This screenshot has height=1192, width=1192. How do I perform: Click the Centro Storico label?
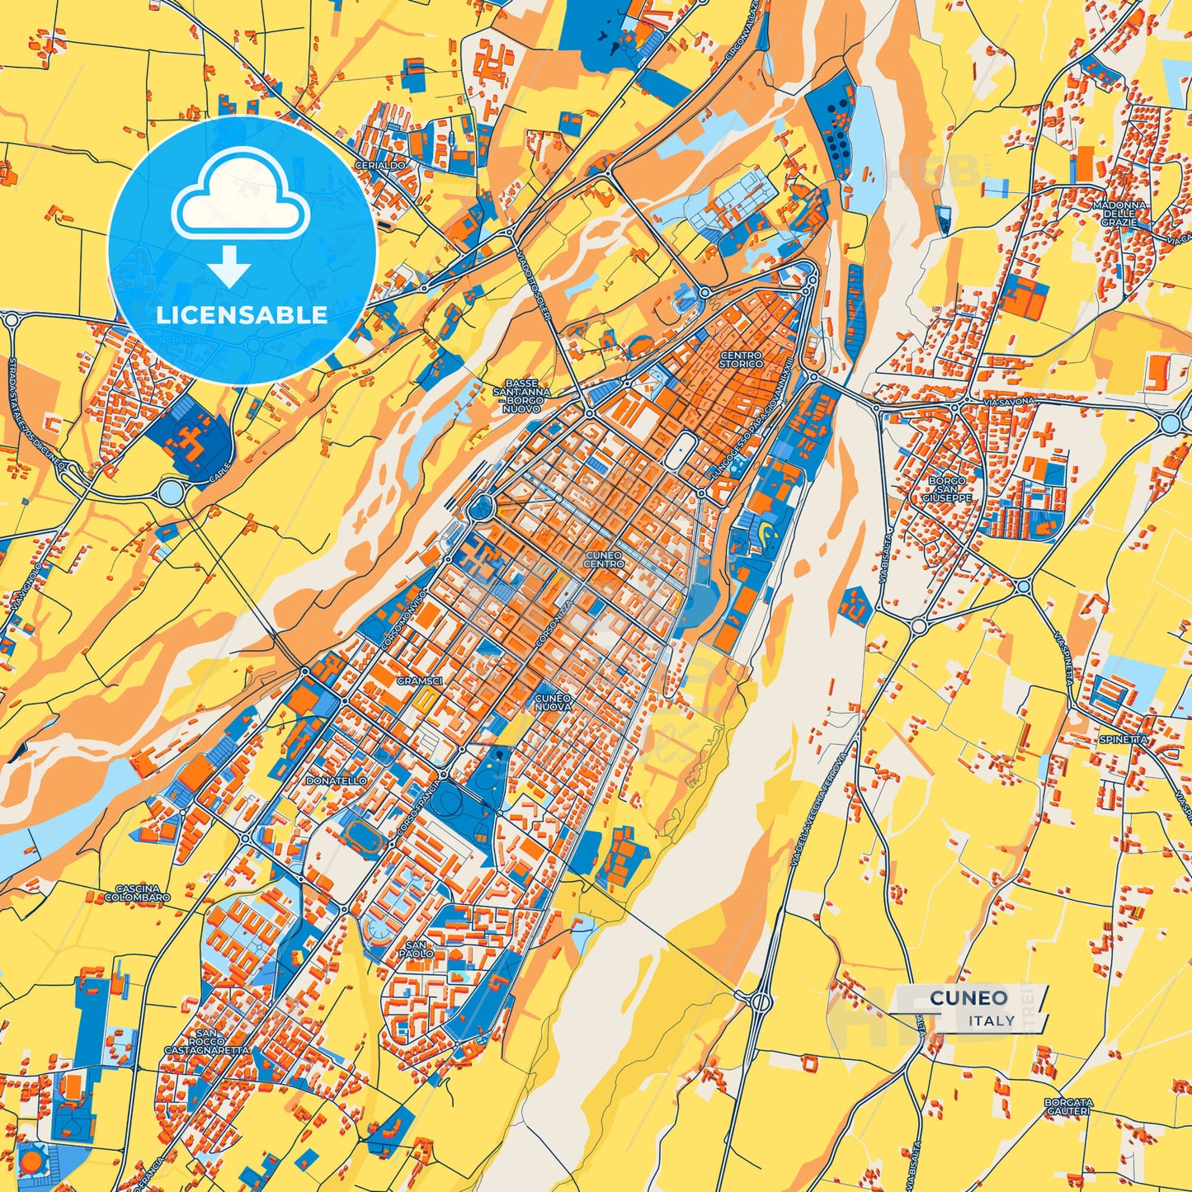tap(740, 359)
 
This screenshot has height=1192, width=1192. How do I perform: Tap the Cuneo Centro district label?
tap(604, 560)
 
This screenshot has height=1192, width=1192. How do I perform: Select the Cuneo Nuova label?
tap(553, 703)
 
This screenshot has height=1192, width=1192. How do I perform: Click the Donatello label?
tap(336, 780)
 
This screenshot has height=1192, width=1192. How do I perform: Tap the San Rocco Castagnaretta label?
tap(207, 1042)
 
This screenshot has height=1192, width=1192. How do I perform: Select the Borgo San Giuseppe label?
tap(946, 489)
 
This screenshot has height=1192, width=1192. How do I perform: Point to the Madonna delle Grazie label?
tap(1119, 214)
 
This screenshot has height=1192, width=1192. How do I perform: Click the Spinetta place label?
tap(1123, 740)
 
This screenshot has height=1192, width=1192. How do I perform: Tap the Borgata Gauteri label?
tap(1068, 1106)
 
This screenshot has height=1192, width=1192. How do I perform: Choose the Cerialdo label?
tap(379, 165)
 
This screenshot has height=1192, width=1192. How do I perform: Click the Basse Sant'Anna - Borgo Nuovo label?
tap(522, 396)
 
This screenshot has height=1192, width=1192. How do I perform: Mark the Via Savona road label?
tap(1008, 401)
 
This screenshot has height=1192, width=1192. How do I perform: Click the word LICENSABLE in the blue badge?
tap(242, 315)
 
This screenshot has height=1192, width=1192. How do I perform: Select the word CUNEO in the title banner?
tap(968, 998)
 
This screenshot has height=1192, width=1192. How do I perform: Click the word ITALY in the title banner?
tap(992, 1020)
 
